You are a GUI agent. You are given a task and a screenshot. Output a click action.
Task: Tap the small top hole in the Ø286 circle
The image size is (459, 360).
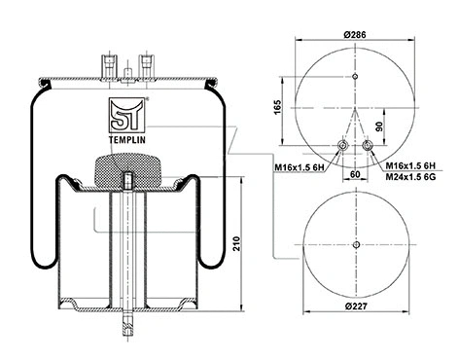click(x=354, y=77)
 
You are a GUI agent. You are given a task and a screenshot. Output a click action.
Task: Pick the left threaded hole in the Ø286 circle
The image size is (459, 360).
click(x=340, y=147)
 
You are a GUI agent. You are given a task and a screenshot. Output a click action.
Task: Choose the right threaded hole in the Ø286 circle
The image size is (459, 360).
click(x=368, y=147)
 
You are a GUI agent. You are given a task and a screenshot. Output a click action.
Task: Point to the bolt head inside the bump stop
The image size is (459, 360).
click(x=129, y=180)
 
